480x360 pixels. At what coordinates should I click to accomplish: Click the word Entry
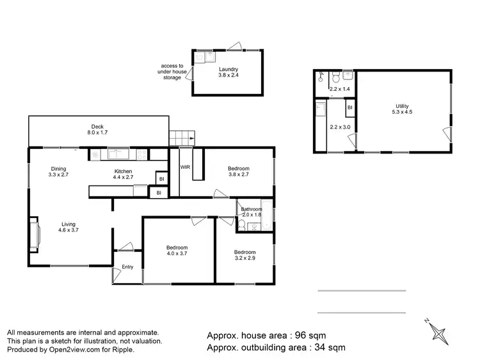pos(127,267)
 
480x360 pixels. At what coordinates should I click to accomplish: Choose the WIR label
pos(186,168)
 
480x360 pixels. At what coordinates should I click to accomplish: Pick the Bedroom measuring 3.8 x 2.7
pos(239,172)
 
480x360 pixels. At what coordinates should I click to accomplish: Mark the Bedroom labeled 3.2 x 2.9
pos(244,256)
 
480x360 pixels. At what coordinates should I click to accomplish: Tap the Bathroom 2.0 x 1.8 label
pos(252,212)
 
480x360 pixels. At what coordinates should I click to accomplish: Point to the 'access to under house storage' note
pos(172,72)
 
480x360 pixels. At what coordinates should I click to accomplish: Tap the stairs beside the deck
pos(181,137)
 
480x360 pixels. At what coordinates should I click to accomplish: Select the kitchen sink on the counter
pos(119,153)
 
